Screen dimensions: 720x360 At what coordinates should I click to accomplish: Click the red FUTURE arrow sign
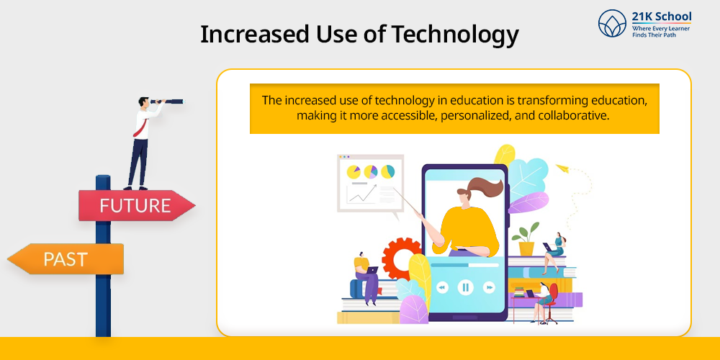pyautogui.click(x=136, y=205)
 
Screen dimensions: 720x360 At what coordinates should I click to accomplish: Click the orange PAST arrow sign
pyautogui.click(x=66, y=259)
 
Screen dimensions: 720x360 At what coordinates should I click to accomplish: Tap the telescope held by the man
pyautogui.click(x=167, y=101)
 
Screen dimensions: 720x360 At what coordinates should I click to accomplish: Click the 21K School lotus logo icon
pyautogui.click(x=612, y=23)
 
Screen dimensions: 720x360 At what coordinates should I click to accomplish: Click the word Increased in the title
pyautogui.click(x=246, y=34)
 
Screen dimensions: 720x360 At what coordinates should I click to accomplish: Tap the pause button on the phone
pyautogui.click(x=465, y=287)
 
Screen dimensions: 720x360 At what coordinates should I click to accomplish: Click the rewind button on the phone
pyautogui.click(x=442, y=287)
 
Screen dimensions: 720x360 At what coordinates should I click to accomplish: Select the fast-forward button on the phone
pyautogui.click(x=489, y=287)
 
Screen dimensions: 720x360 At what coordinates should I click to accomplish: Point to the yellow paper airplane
pyautogui.click(x=562, y=168)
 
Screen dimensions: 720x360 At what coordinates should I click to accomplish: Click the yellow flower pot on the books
pyautogui.click(x=526, y=248)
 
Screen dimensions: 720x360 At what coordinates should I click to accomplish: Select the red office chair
pyautogui.click(x=551, y=303)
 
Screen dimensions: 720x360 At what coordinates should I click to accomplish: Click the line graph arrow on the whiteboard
pyautogui.click(x=362, y=194)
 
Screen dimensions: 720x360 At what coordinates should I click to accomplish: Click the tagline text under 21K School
pyautogui.click(x=661, y=31)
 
